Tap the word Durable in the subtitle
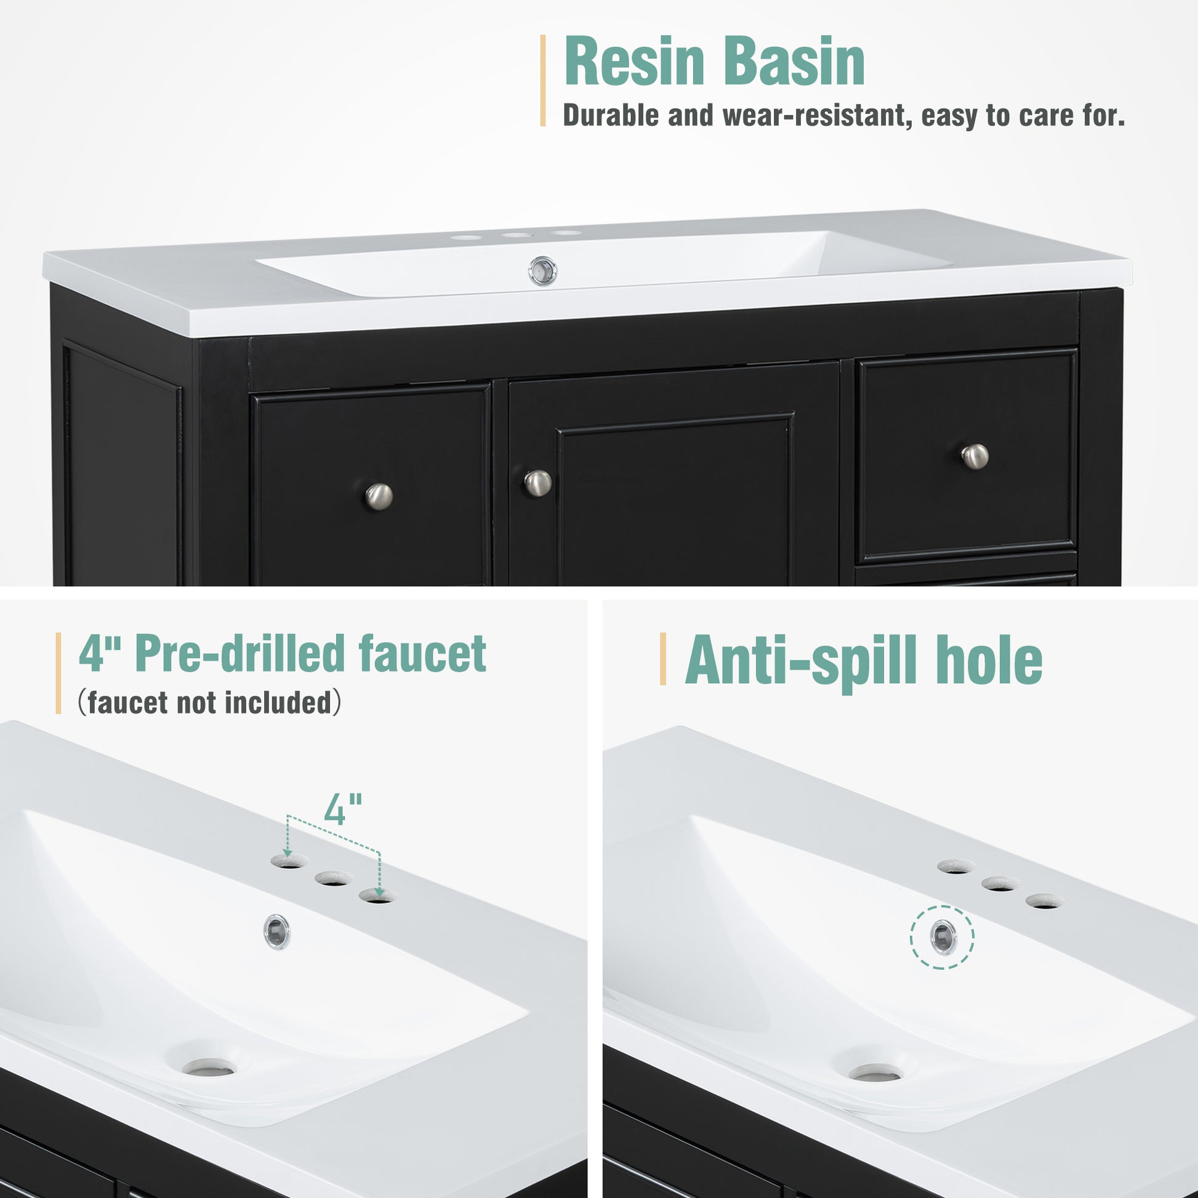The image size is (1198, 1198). [x=611, y=115]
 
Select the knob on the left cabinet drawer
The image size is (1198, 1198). [x=378, y=496]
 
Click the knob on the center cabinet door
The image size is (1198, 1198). [x=537, y=483]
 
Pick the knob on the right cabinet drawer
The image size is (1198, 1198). [x=975, y=456]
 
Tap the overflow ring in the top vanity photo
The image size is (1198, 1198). [x=542, y=271]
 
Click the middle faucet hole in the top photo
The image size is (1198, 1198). [x=518, y=236]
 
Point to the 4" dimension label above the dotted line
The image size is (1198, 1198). [x=343, y=809]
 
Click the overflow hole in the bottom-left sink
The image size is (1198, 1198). [x=277, y=931]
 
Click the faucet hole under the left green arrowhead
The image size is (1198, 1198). [x=289, y=861]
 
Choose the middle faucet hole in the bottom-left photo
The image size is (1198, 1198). [x=334, y=878]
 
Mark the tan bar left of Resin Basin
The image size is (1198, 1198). [x=543, y=81]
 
